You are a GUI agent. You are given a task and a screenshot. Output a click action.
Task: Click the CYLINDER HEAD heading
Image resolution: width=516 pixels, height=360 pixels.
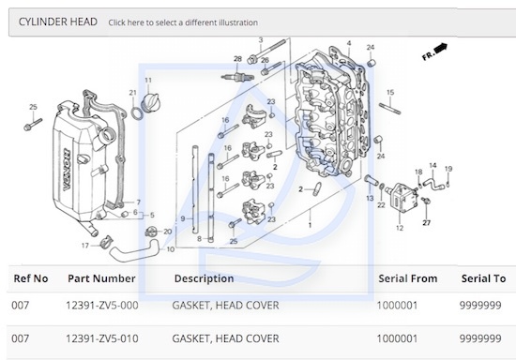coord(58,22)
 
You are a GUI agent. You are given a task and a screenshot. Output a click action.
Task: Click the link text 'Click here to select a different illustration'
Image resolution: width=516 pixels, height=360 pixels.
coord(183,22)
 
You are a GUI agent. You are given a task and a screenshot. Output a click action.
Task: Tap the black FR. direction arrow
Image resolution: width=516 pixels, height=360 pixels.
coord(441,49)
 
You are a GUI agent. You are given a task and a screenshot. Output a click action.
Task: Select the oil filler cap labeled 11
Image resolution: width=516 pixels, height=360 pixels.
coord(150,103)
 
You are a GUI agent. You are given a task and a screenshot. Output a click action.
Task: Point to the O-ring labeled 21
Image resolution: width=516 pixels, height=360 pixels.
coord(136,113)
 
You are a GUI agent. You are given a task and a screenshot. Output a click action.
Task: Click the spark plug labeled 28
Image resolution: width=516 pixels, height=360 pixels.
coord(237,78)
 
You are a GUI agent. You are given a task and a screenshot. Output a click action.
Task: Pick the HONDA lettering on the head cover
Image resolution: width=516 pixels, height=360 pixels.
coord(67,170)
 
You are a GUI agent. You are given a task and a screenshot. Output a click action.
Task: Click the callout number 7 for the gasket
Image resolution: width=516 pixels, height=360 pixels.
coord(138,202)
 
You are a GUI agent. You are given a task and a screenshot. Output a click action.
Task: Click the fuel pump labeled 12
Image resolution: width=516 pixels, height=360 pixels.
coord(402,198)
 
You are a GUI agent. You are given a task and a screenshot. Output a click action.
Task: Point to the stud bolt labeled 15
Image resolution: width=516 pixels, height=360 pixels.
coord(390,109)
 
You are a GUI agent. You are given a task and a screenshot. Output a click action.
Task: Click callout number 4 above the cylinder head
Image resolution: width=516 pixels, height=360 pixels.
coord(349,43)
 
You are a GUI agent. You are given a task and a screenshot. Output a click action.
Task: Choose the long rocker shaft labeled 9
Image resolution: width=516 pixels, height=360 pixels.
coord(195,189)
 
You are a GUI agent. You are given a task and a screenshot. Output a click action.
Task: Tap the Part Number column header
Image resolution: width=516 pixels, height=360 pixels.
coord(101,278)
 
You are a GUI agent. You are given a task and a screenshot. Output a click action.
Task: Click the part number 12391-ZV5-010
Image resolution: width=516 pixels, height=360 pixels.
coord(102,338)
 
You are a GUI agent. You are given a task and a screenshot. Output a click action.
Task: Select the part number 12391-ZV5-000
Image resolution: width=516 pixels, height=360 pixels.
coord(102,305)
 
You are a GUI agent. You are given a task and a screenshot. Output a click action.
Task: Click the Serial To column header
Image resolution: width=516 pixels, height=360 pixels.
coord(483,278)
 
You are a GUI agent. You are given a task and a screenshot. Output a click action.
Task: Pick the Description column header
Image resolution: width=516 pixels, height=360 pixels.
coord(204,278)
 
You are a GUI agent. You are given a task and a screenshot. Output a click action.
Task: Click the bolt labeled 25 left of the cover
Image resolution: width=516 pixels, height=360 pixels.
coord(33,125)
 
